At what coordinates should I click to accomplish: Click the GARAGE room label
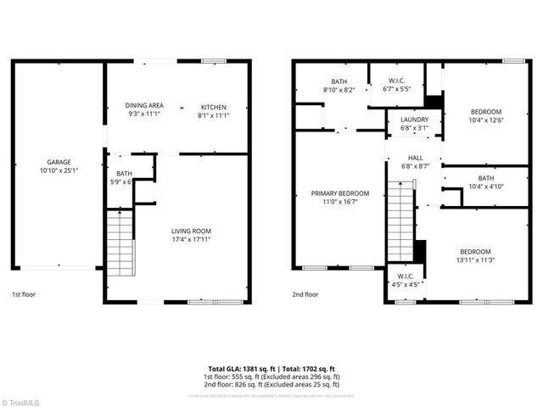59,162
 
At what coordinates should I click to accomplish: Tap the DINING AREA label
144,106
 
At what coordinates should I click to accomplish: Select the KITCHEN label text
213,106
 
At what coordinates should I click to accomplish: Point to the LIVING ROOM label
190,231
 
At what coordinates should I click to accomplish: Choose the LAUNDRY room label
414,120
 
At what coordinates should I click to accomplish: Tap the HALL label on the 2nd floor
415,157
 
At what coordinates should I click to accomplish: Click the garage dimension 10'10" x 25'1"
59,170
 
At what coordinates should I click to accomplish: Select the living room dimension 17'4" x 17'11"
190,239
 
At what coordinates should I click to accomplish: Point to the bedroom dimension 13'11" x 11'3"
475,260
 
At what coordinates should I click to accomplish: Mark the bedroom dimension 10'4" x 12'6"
486,120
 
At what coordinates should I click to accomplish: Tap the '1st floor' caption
23,295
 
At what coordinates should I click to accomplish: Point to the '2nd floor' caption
305,295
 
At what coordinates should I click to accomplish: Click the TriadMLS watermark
24,400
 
